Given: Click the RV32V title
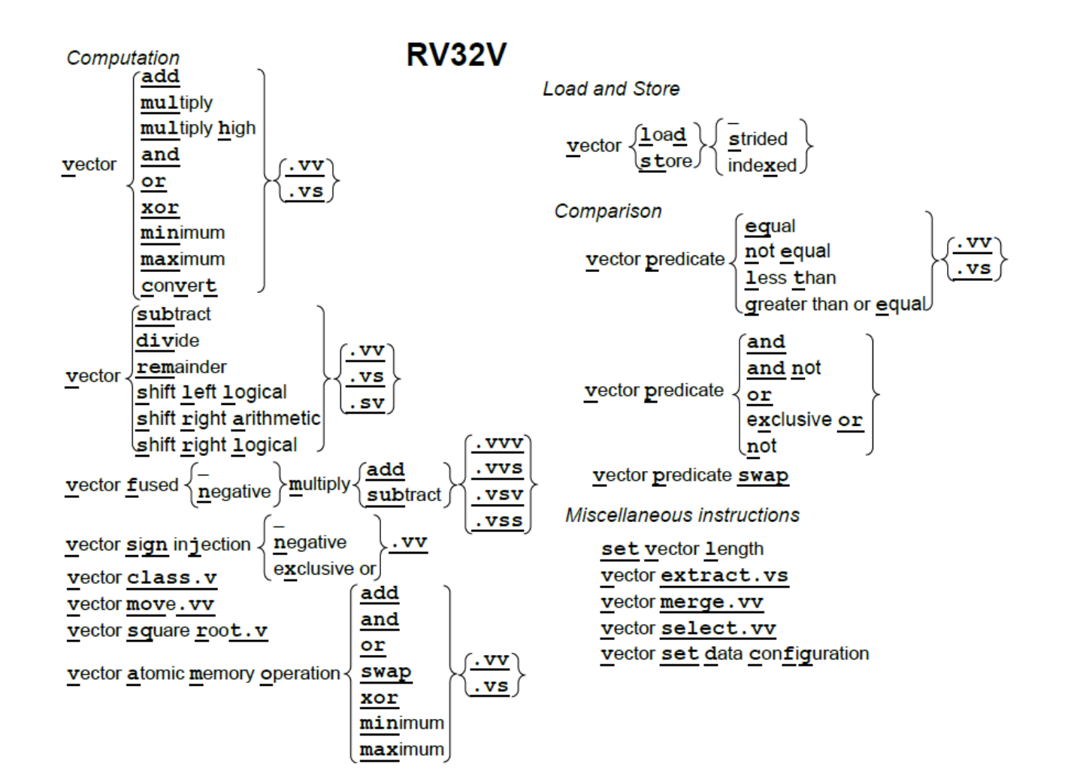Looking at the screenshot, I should [x=456, y=55].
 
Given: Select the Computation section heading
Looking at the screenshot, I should [x=123, y=58].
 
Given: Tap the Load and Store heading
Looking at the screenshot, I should [x=611, y=89].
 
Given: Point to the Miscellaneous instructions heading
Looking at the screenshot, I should [x=682, y=515].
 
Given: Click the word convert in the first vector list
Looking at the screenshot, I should [x=179, y=286].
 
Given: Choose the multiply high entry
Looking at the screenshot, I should [x=198, y=128].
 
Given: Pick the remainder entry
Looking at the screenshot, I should [x=181, y=367].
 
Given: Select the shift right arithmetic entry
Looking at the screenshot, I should [x=228, y=418].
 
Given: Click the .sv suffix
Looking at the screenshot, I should [x=367, y=403].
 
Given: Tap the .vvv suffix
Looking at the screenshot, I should [x=498, y=443].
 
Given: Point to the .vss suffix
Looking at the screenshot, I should [x=498, y=521].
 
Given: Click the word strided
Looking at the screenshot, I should [x=758, y=139].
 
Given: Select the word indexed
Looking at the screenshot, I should [x=761, y=165].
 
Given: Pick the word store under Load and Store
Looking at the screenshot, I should [x=666, y=162].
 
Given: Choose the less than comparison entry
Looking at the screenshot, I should [x=790, y=278].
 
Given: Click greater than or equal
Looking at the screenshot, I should [x=835, y=304].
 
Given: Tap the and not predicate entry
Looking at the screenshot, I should [x=783, y=368].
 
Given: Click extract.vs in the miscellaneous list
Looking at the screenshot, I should [x=724, y=575].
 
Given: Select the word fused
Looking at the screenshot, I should [x=153, y=485].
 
